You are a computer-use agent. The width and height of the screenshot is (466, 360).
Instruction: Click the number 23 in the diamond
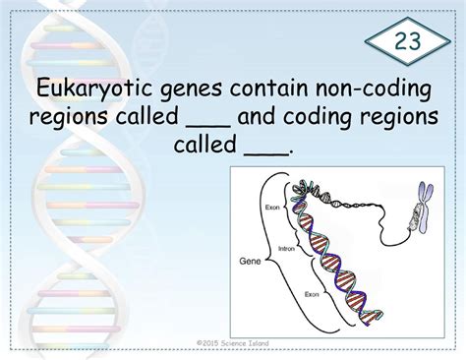pos(411,43)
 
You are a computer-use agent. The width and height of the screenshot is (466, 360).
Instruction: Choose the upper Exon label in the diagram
pos(273,208)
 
